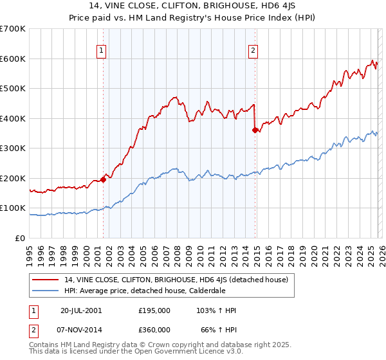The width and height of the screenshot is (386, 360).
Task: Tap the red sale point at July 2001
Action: [x=103, y=180]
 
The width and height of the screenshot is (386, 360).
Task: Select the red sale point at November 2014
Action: [x=255, y=130]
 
